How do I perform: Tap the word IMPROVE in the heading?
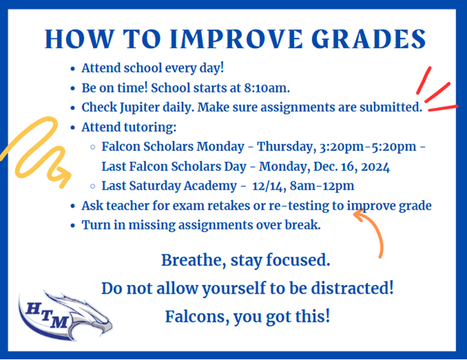coord(236,39)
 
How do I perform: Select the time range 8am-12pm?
coord(322,186)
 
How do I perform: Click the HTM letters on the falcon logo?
coord(47,316)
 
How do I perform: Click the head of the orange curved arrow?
coord(360,215)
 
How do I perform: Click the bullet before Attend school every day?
coord(73,69)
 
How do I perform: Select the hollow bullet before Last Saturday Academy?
coord(92,186)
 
